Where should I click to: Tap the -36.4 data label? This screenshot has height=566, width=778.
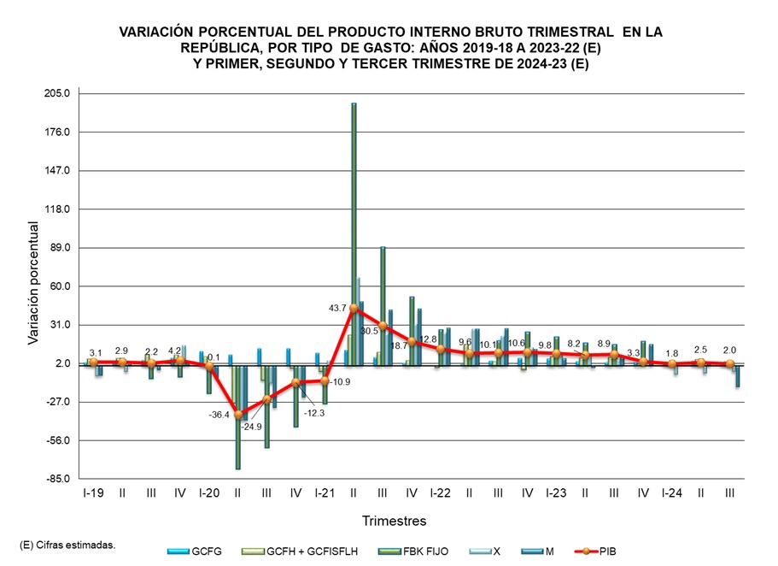click(219, 416)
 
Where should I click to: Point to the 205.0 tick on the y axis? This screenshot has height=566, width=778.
click(62, 93)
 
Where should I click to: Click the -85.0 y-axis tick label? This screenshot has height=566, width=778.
click(62, 480)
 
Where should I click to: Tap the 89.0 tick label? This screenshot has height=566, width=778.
click(65, 248)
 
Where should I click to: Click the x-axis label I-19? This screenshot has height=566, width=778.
click(94, 493)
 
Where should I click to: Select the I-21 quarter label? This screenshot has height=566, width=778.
click(325, 493)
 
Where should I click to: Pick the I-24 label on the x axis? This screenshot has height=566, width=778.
click(671, 493)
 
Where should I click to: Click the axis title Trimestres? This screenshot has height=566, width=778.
click(394, 521)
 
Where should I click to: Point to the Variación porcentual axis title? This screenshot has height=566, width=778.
click(34, 283)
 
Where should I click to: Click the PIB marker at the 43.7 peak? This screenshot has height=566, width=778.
click(354, 308)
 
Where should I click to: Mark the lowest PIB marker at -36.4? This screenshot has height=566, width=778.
click(237, 415)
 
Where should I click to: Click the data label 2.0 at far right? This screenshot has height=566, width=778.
click(728, 350)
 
